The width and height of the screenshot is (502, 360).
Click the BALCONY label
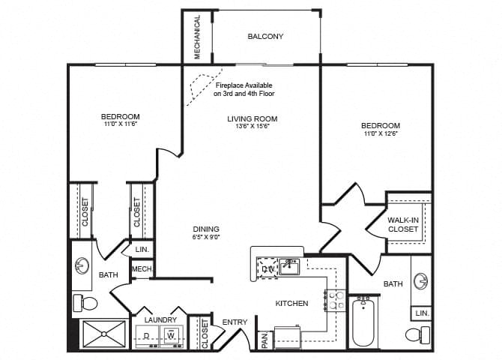266,36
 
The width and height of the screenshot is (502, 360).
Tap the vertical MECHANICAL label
198,37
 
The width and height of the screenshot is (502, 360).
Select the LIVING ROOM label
252,118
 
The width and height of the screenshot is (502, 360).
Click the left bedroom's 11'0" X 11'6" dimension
120,124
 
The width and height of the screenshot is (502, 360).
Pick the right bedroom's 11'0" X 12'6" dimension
380,134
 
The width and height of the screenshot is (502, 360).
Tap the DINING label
205,229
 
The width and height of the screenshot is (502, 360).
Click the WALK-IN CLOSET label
403,224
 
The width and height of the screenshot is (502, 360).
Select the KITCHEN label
291,304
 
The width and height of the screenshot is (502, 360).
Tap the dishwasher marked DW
267,267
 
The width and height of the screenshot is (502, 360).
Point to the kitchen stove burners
334,301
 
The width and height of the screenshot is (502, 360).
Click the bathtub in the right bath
364,322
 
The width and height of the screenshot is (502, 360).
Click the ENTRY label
235,322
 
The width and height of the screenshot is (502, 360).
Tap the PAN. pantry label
264,340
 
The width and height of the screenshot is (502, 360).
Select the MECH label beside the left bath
142,269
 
